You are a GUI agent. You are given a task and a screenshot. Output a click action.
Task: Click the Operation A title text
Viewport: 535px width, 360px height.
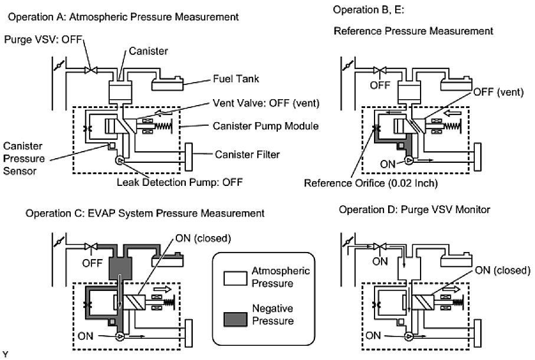coord(123,17)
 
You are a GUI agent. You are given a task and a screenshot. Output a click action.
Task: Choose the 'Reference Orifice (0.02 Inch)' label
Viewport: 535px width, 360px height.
coord(370,183)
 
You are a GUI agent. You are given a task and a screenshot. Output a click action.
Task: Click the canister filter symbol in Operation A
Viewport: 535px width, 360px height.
coord(190,155)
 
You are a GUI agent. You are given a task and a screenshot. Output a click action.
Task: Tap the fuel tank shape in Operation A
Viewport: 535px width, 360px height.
coord(170,84)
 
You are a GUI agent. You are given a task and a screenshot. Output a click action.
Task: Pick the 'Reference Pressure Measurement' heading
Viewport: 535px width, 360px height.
coord(413,30)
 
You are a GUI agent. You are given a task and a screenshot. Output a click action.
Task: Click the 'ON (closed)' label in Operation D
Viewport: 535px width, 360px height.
coord(501,270)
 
